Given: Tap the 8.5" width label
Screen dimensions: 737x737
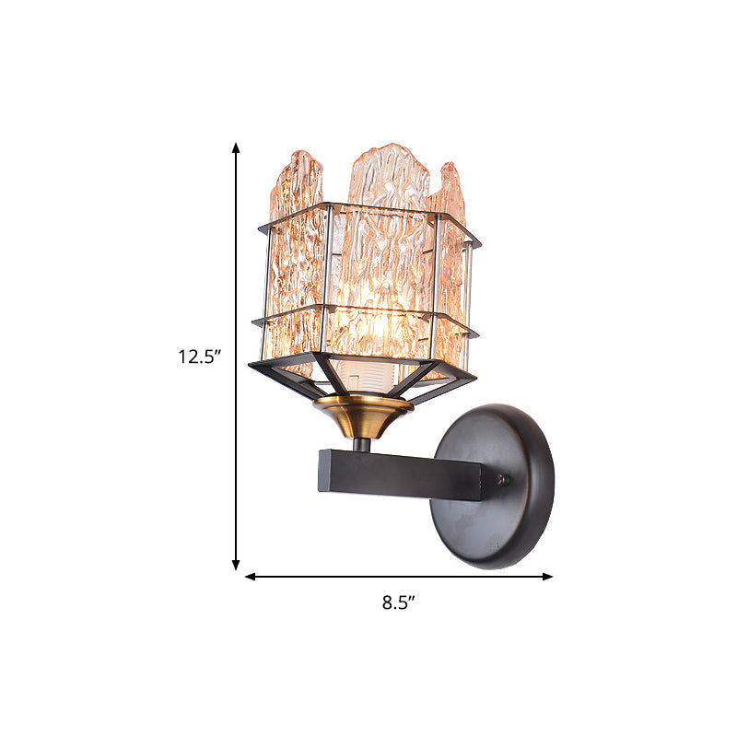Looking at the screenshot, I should pos(399,603).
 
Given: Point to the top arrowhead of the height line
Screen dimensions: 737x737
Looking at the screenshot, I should pos(236,148).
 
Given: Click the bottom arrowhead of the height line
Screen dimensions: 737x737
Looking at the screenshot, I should pos(236,565).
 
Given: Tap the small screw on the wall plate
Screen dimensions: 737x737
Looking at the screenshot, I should pos(502,479).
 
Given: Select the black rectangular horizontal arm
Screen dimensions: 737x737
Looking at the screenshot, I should pos(401,473).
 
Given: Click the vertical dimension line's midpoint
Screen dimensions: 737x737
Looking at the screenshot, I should pos(236,357).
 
